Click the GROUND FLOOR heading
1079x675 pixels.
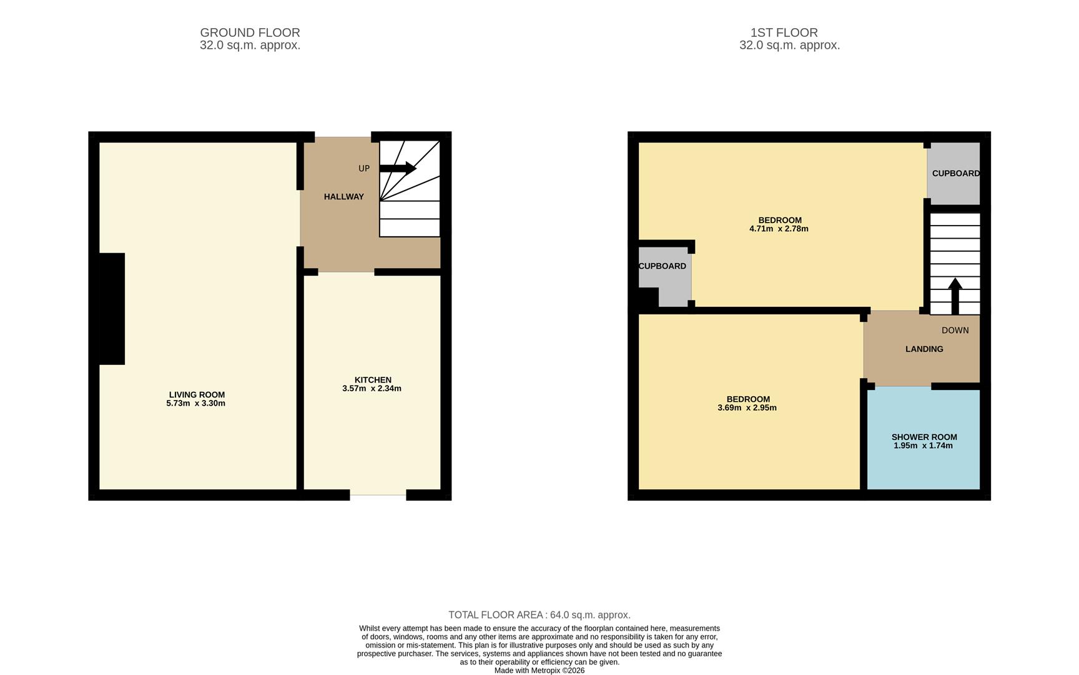[x=250, y=32]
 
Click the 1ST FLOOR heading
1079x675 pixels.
[x=784, y=32]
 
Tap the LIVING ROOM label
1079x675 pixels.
[x=197, y=394]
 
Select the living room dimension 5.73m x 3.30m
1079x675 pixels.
[x=195, y=404]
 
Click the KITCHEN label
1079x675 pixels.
[x=373, y=380]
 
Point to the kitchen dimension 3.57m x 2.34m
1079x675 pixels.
[x=372, y=389]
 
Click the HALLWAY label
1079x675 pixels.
[x=343, y=197]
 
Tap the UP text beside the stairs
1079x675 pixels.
[x=364, y=169]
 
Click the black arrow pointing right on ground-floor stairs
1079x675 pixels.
[x=398, y=168]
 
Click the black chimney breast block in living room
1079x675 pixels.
[x=112, y=309]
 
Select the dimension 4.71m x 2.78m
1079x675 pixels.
[x=779, y=229]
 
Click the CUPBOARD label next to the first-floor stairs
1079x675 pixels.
[x=955, y=173]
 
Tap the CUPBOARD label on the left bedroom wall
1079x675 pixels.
[x=662, y=266]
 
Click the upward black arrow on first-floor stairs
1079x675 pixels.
[x=955, y=296]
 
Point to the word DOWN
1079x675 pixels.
[x=955, y=330]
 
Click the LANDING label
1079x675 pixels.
[x=924, y=349]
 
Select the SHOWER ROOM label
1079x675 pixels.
[x=924, y=437]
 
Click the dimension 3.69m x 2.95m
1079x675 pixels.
[x=747, y=408]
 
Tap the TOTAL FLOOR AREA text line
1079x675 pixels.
[x=539, y=615]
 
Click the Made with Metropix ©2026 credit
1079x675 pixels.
[x=539, y=671]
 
